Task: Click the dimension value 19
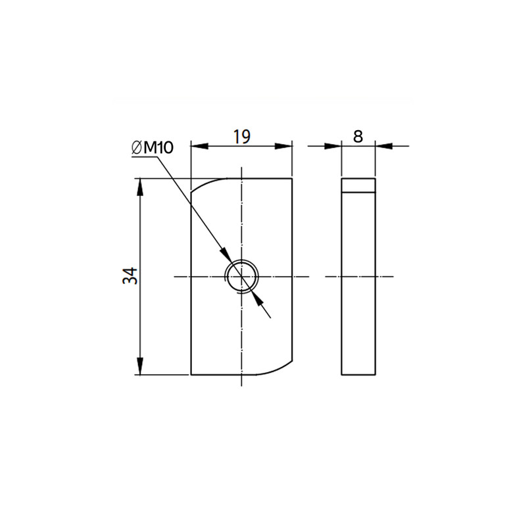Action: click(242, 137)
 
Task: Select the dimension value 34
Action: click(130, 275)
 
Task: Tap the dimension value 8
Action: click(358, 137)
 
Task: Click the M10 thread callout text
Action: click(158, 147)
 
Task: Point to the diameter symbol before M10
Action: click(137, 148)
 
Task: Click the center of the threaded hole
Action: click(241, 277)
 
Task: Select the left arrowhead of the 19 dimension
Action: click(200, 146)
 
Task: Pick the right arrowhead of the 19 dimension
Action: click(284, 146)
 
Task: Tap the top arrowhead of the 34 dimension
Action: click(140, 187)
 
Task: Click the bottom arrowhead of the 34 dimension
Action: click(140, 366)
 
